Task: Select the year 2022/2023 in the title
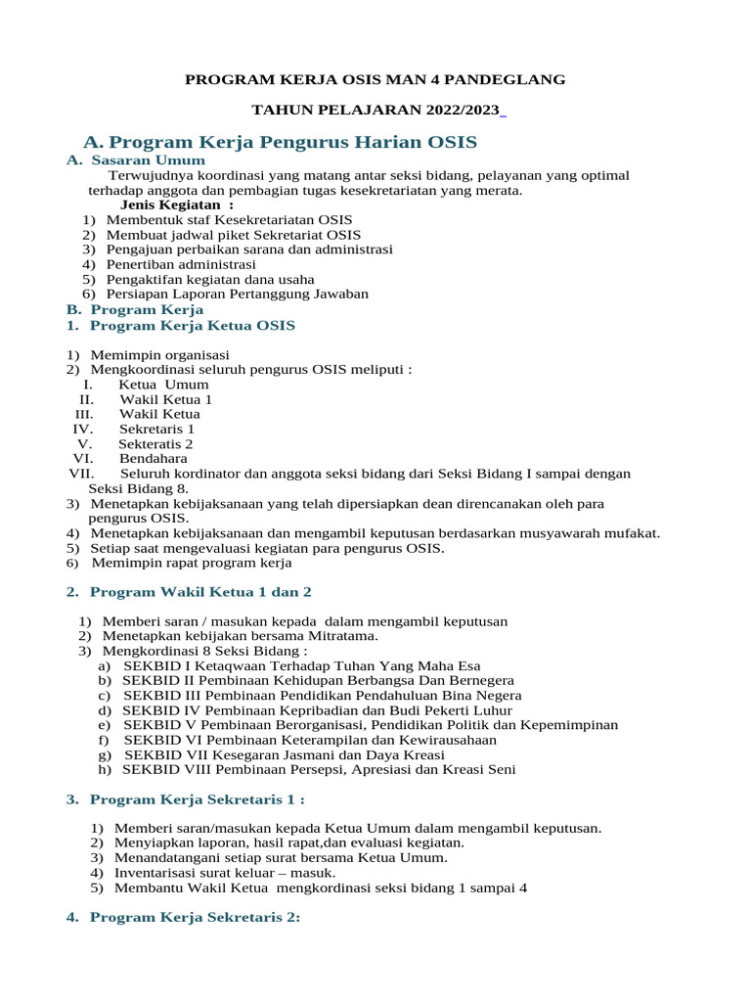click(460, 110)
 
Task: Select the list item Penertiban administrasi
click(181, 264)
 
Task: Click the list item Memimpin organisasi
click(159, 354)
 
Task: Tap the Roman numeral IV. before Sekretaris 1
click(82, 429)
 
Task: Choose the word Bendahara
click(153, 458)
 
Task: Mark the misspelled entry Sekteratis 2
click(155, 443)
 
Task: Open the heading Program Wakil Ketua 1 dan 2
click(200, 592)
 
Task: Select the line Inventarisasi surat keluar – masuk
click(225, 872)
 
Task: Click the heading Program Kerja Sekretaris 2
click(195, 917)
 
